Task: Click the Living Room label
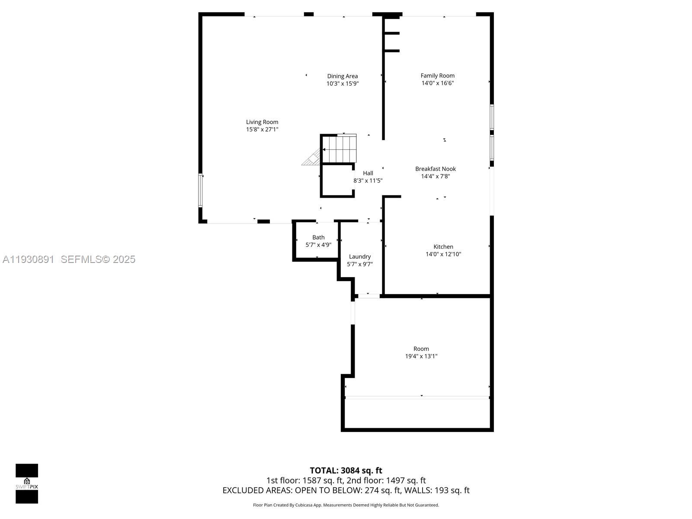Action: tap(262, 122)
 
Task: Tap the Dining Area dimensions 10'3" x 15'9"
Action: tap(342, 83)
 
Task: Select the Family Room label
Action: tap(437, 76)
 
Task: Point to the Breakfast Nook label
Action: tap(435, 169)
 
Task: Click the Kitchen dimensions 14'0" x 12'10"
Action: tap(443, 254)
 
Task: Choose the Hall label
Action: tap(368, 173)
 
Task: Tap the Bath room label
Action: tap(318, 237)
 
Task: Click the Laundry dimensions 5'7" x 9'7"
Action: tap(359, 264)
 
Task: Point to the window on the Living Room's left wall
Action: tap(200, 190)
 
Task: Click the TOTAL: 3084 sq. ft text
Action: tap(346, 470)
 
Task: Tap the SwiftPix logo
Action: tap(27, 484)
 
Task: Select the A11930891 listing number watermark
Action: tap(28, 259)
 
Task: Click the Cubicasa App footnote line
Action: tap(346, 505)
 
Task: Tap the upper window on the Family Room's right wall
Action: tap(492, 117)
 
